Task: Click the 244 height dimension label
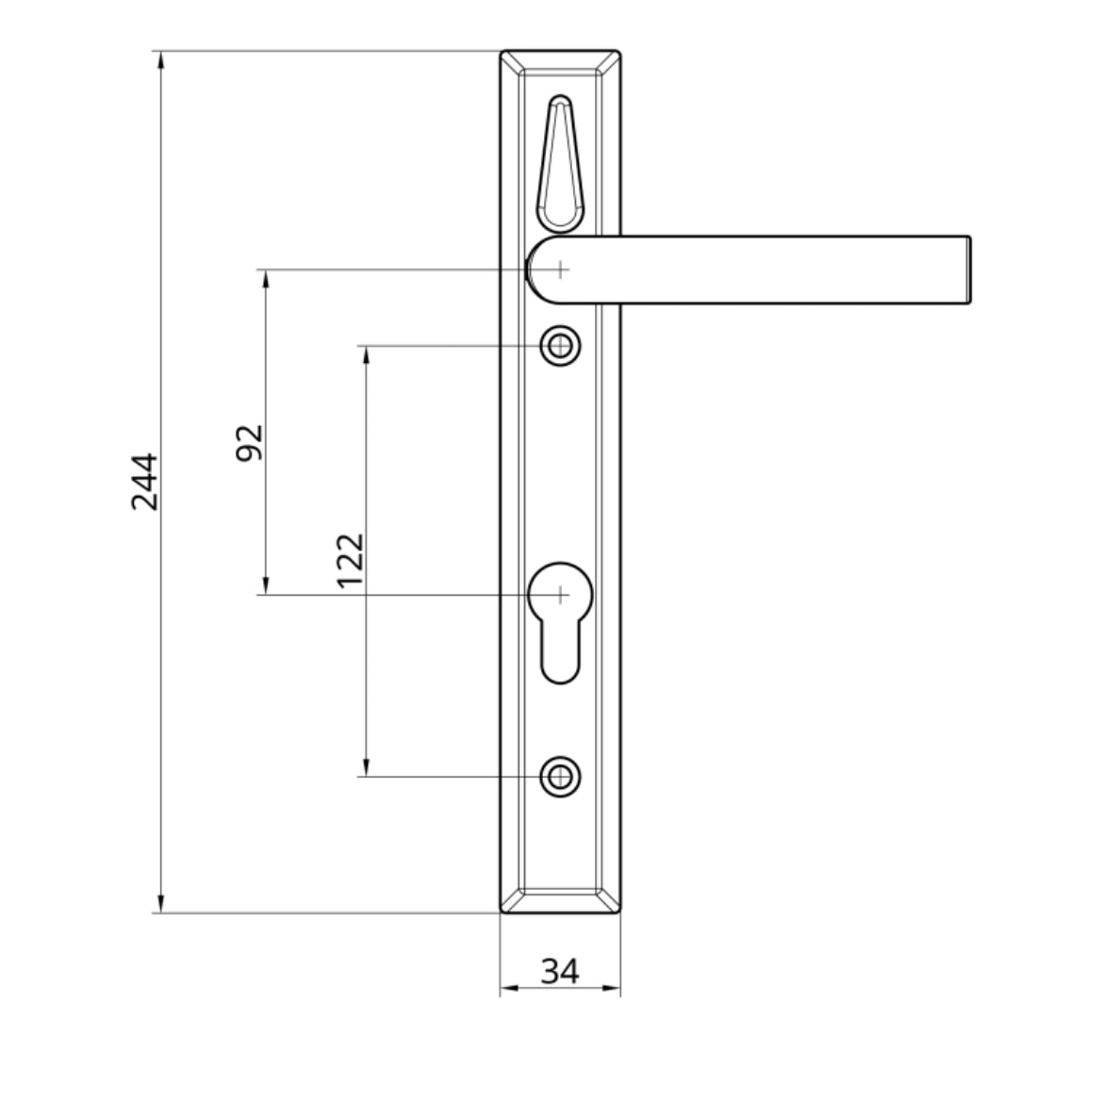tap(144, 482)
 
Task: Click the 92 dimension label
tap(248, 442)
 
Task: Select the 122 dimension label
tap(351, 561)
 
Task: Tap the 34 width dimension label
tap(560, 969)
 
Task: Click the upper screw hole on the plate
tap(560, 347)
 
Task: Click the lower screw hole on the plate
tap(560, 777)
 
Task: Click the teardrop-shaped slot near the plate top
tap(560, 165)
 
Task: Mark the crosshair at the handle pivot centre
tap(560, 270)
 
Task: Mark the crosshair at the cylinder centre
tap(560, 595)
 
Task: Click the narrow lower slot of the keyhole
tap(560, 655)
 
